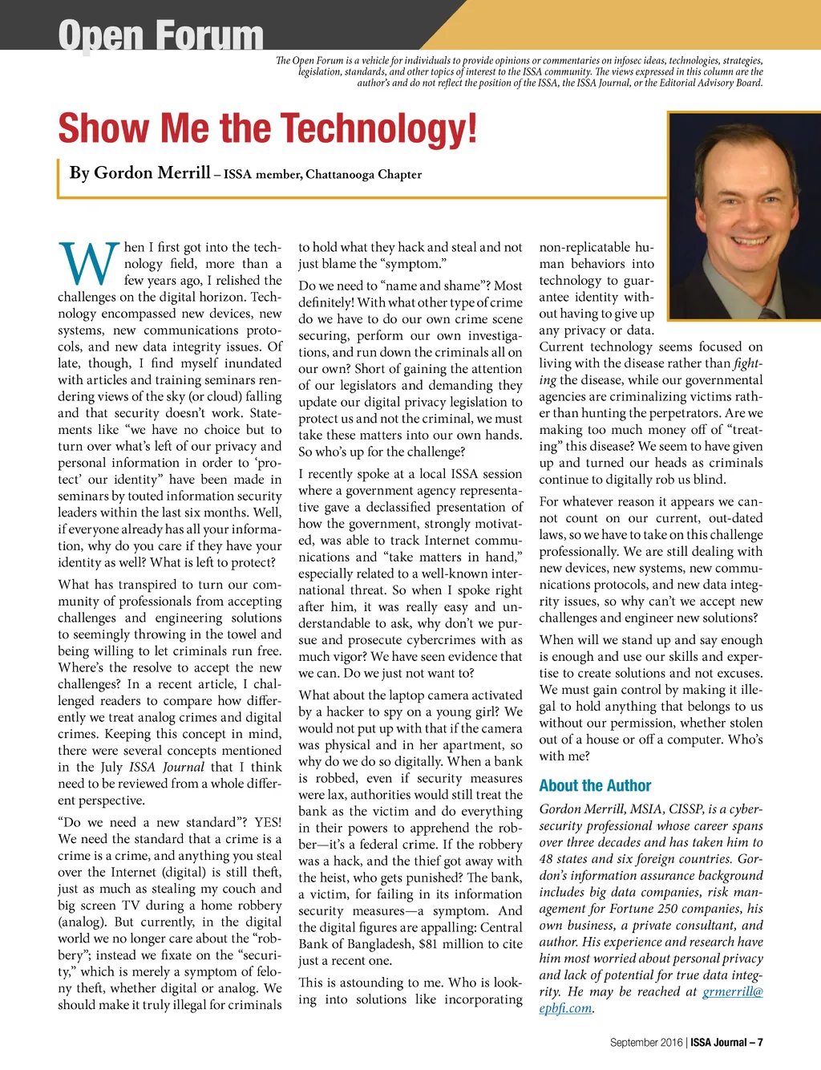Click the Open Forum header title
(x=160, y=35)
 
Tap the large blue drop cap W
(x=87, y=264)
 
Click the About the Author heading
(x=595, y=786)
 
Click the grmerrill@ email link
(x=733, y=991)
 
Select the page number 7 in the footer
(x=759, y=1043)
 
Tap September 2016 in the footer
(x=646, y=1043)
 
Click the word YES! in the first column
(x=268, y=822)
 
